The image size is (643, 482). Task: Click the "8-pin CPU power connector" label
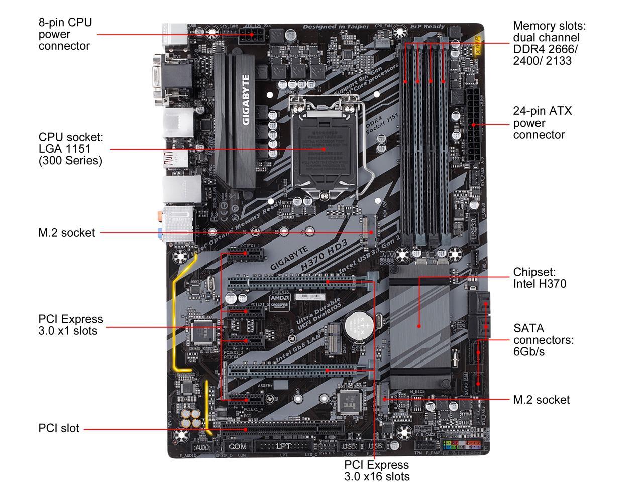[x=65, y=34]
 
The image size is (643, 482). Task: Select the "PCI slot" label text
[x=59, y=428]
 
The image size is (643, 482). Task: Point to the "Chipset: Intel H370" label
[x=539, y=278]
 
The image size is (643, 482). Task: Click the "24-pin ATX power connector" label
[x=542, y=123]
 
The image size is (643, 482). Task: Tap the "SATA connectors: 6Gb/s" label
[x=543, y=340]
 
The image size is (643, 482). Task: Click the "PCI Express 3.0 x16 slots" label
[x=377, y=470]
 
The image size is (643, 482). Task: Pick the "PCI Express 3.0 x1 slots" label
[x=71, y=325]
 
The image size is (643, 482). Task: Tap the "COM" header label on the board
[x=237, y=446]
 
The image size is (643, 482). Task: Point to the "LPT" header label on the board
[x=283, y=446]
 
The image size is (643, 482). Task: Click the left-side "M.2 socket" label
[x=67, y=233]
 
